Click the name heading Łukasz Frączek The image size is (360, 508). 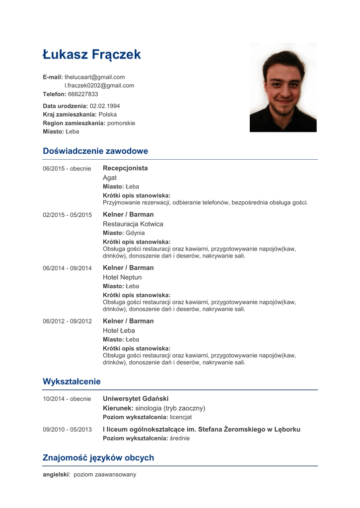point(92,55)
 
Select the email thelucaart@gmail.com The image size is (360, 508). point(94,77)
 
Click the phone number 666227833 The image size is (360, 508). point(83,94)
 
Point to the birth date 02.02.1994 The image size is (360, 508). point(105,106)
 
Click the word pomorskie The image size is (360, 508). point(121,123)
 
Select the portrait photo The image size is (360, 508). point(283,87)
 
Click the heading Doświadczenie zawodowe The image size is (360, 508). point(95,151)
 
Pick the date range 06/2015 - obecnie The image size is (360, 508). point(67,169)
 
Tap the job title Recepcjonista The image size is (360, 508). point(125,168)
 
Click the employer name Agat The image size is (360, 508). point(110,178)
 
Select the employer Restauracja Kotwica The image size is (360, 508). point(133,224)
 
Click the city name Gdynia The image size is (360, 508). point(135,233)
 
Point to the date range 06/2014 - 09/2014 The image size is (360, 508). point(67,268)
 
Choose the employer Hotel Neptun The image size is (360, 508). point(122,277)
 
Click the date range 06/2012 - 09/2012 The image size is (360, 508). point(67,321)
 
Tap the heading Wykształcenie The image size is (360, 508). point(72,381)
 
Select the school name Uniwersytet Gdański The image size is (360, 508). point(136,399)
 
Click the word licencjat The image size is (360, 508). point(181,417)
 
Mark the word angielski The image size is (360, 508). point(56,475)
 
